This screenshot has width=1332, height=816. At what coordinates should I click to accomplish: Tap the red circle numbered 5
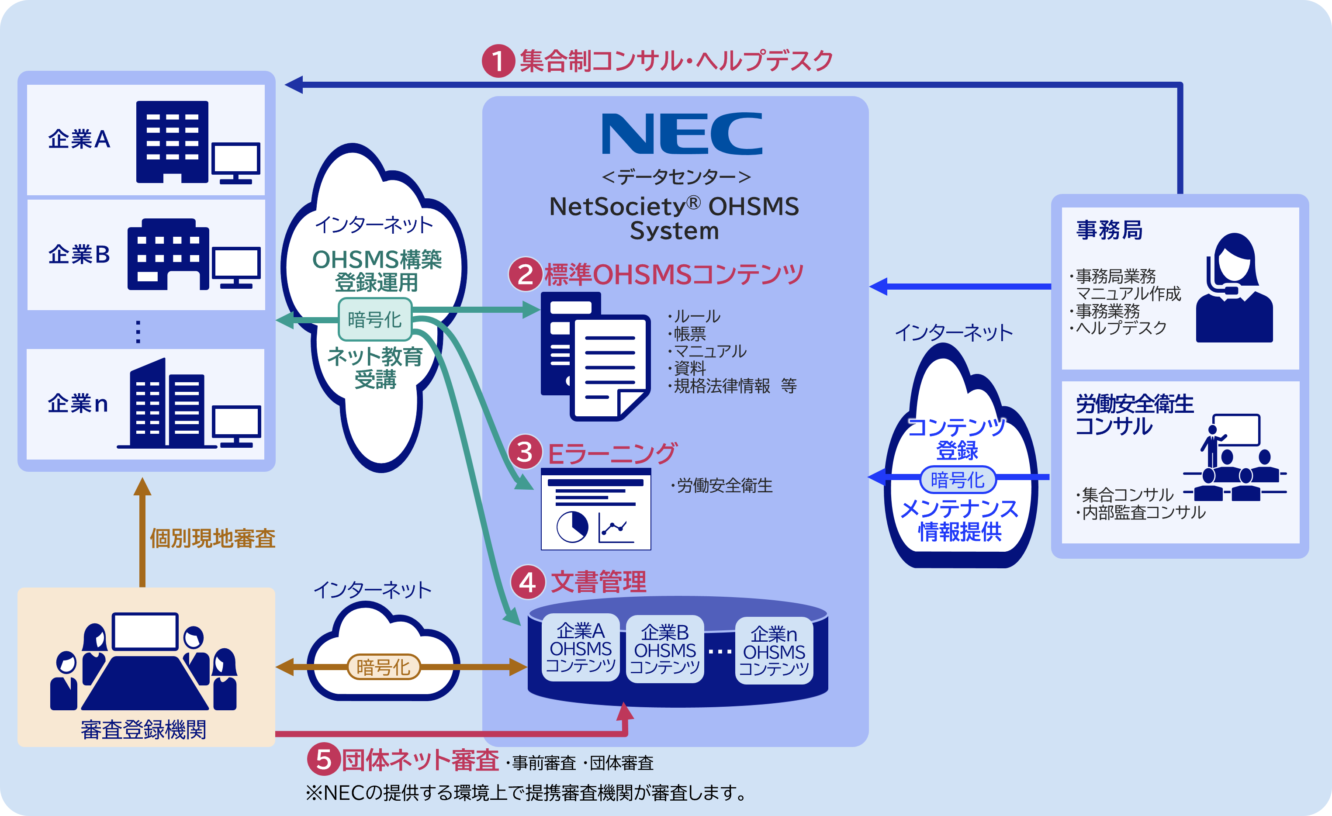click(323, 759)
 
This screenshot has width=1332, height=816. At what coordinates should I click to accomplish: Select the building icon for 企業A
click(172, 142)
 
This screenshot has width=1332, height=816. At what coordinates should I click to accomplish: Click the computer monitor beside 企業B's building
click(236, 267)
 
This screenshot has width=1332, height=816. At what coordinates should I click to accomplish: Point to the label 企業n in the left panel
click(78, 404)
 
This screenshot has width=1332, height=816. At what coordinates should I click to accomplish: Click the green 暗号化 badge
click(375, 319)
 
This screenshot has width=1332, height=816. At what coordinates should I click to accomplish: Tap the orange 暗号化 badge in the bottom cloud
click(383, 667)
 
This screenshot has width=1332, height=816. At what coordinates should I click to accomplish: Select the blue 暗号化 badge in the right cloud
click(957, 479)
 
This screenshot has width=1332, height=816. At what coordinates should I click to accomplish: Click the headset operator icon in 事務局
click(1234, 287)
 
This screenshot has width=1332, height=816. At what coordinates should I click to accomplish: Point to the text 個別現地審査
click(212, 538)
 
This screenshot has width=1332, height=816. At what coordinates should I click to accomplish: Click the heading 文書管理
click(599, 582)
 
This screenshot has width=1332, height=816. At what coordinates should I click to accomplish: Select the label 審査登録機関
click(143, 730)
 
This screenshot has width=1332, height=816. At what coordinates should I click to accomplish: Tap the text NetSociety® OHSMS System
click(674, 218)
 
